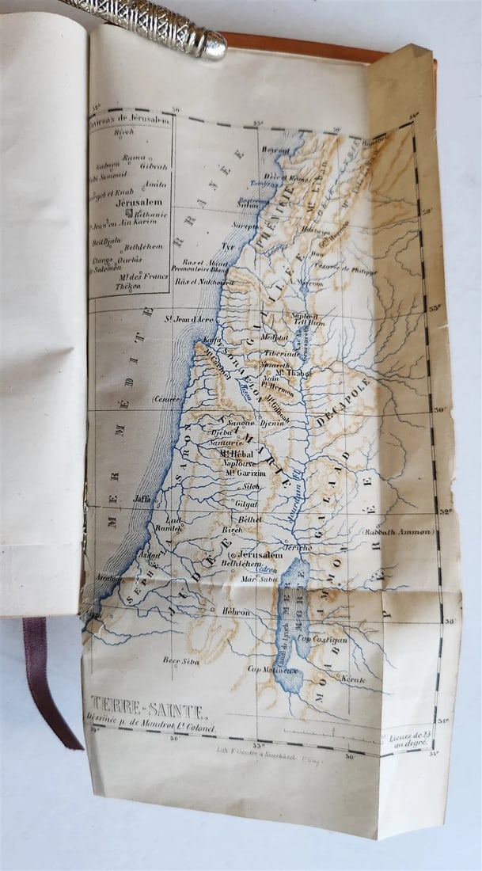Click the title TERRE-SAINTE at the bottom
[148, 703]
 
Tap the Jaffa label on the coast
[142, 500]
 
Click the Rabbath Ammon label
[397, 532]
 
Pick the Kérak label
[352, 679]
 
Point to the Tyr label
[229, 246]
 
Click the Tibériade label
[283, 354]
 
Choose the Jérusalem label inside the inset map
[132, 203]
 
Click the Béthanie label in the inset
[151, 214]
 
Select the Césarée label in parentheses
[167, 398]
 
